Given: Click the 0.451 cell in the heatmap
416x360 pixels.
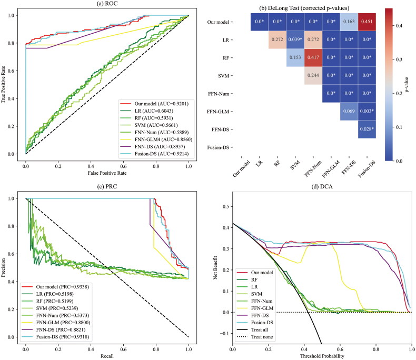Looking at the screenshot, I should point(364,23).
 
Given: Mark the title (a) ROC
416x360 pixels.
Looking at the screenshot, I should point(107,4).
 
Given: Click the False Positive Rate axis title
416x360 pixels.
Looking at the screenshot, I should point(107,173).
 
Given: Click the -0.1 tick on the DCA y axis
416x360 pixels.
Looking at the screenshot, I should point(225,334).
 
